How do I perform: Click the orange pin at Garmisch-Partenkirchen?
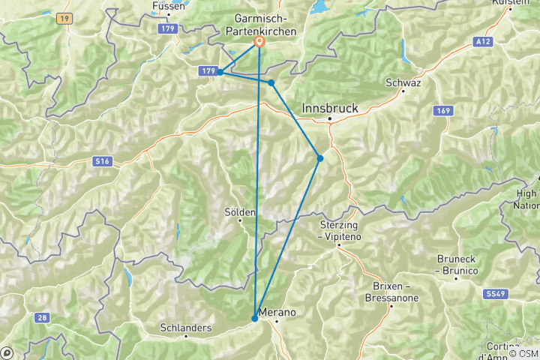click(259, 42)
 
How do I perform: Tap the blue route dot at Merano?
click(255, 319)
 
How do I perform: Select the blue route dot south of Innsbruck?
click(320, 158)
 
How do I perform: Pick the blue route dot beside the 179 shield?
click(220, 72)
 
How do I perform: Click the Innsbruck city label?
click(330, 109)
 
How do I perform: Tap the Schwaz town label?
click(403, 82)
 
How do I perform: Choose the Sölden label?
click(241, 212)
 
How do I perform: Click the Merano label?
click(277, 312)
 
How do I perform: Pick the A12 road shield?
click(484, 43)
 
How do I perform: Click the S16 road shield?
click(102, 160)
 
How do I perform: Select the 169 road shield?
click(443, 111)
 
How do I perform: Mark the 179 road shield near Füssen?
click(167, 28)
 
